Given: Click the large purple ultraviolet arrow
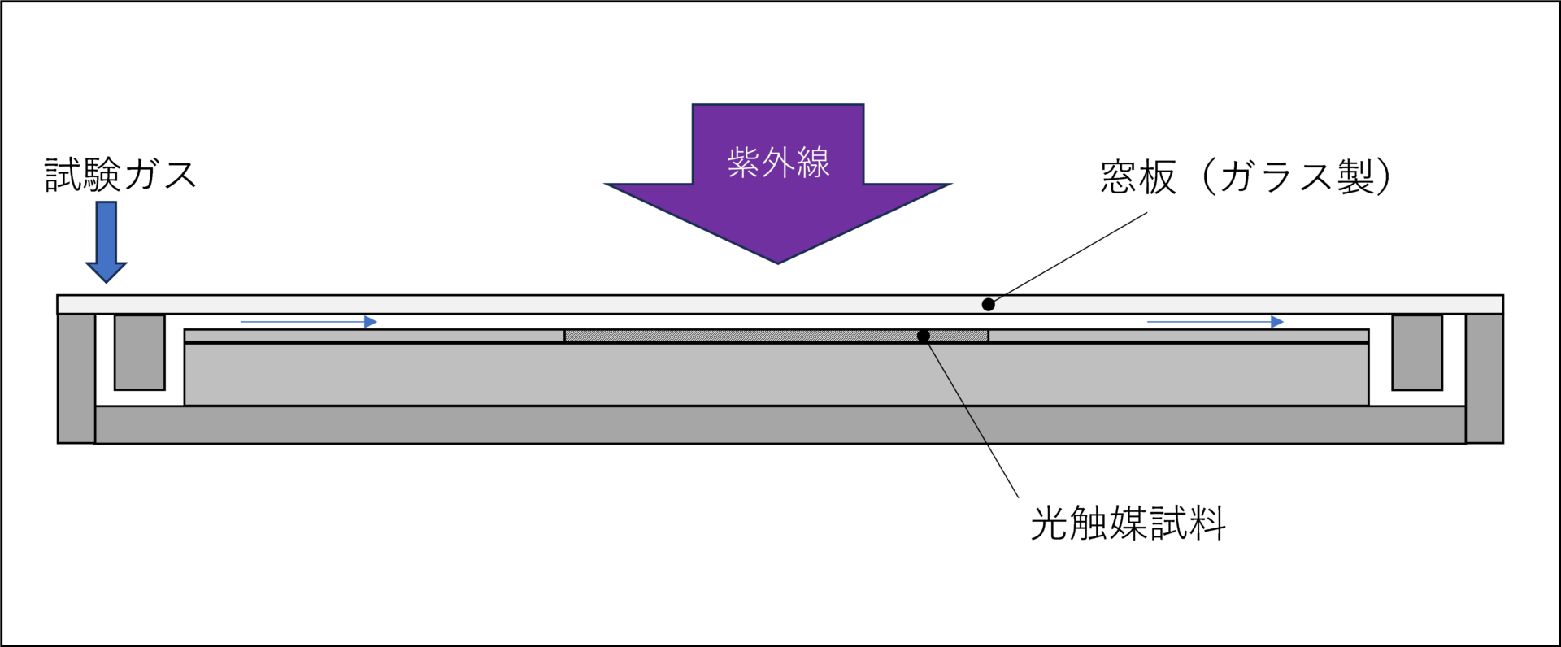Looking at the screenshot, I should tap(777, 211).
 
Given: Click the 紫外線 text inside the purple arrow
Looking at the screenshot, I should tap(778, 163).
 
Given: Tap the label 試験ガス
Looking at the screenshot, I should tap(120, 175).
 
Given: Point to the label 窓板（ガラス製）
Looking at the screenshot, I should tap(1245, 177).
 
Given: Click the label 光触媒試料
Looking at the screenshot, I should tap(1128, 523).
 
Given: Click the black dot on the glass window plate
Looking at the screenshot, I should tap(988, 305).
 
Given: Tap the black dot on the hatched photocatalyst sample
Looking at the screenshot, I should tap(924, 336).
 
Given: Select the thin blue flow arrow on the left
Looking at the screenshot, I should tap(309, 322).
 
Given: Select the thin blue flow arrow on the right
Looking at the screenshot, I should tap(1215, 322).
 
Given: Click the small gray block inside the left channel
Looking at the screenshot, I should tap(140, 352).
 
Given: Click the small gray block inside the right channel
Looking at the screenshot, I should tap(1417, 352).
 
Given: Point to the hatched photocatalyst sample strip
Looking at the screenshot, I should tap(732, 336).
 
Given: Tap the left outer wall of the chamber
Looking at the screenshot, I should tap(76, 378).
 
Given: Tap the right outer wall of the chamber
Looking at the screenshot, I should tap(1485, 378).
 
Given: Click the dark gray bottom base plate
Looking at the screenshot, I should tap(780, 424).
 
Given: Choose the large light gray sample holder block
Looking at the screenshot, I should tap(776, 374).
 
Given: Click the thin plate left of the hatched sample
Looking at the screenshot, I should tap(374, 336).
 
